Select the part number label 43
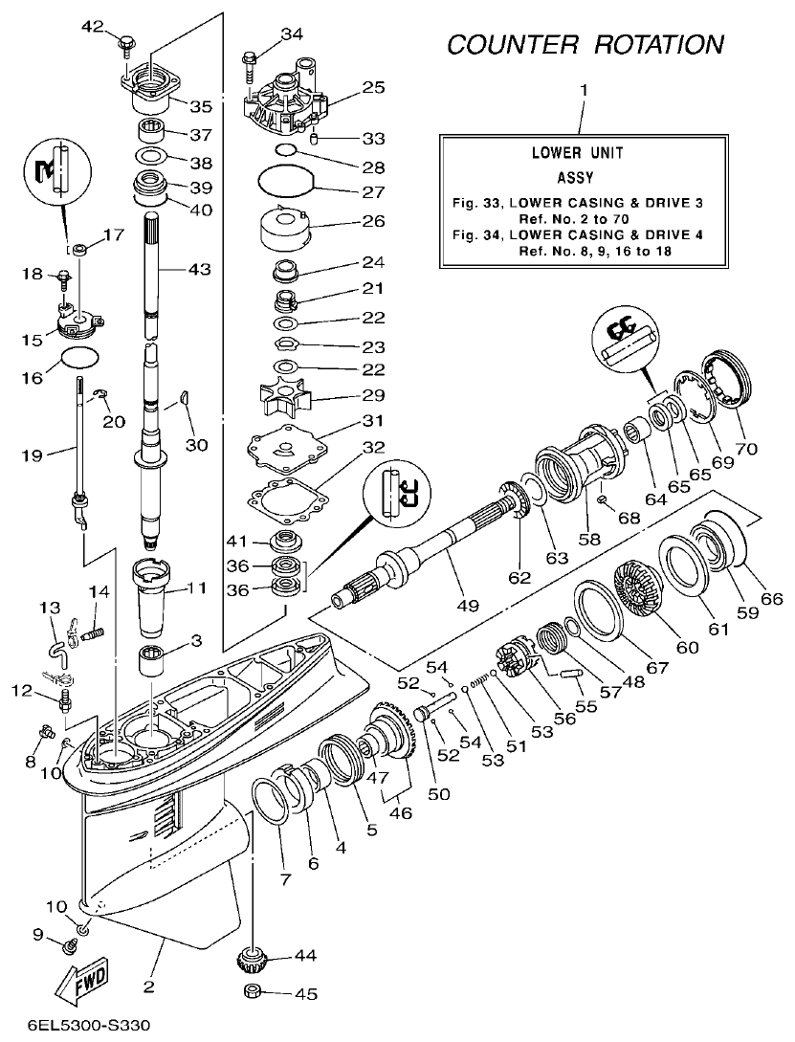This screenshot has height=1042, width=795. coord(198,270)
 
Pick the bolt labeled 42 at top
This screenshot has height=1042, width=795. coord(126,43)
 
